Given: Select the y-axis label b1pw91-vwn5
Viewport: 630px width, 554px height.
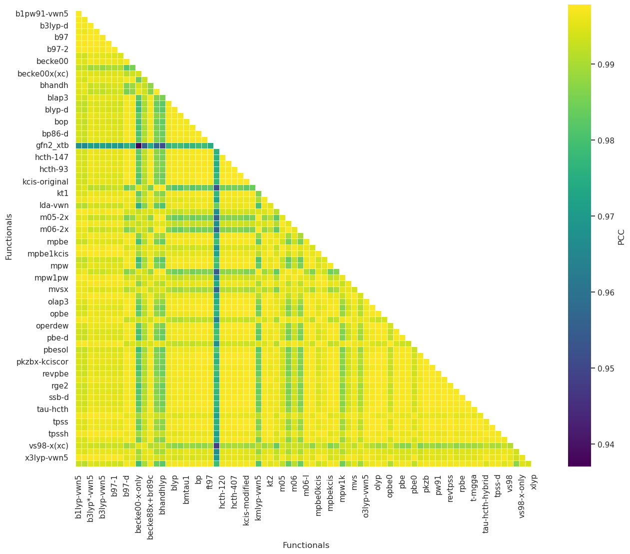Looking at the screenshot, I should (x=42, y=13).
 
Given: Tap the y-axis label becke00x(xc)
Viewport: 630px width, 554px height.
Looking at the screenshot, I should (x=43, y=73).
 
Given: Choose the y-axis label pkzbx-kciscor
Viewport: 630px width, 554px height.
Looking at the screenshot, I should (x=42, y=361).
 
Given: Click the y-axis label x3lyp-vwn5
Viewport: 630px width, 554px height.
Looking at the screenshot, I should (x=46, y=457).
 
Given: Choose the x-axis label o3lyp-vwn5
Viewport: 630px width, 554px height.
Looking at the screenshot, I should (x=366, y=492).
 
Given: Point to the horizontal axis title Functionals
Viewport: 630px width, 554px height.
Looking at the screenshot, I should (x=306, y=545).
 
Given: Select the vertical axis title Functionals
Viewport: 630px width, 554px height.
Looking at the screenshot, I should (x=9, y=236).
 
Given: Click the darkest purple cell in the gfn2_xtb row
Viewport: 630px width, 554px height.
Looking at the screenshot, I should (x=138, y=145).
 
